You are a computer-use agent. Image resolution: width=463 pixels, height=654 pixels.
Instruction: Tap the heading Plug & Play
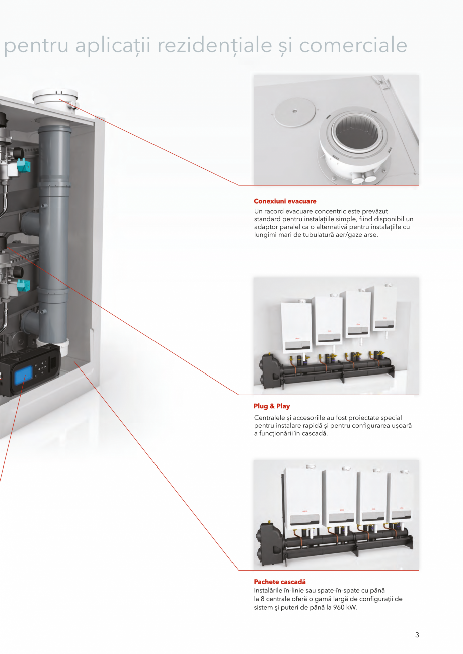[x=272, y=406]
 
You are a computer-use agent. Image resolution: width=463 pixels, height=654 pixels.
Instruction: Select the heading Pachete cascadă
[x=279, y=582]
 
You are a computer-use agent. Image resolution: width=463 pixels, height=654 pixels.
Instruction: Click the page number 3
[x=417, y=635]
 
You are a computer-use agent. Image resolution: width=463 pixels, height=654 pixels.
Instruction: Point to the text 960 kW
[x=345, y=607]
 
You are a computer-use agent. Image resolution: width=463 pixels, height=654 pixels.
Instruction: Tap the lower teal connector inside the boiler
[x=23, y=286]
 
